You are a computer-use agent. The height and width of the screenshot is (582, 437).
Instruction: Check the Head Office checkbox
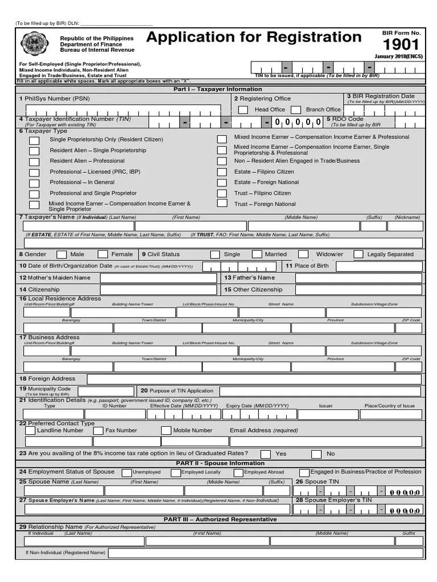[x=243, y=110]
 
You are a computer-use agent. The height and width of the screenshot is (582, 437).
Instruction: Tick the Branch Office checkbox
[x=296, y=110]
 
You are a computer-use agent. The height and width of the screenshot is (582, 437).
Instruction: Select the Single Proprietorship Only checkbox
[x=35, y=140]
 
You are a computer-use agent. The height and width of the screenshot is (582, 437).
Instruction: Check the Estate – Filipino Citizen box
[x=222, y=172]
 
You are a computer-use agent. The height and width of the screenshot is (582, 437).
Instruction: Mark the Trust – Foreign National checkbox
[x=222, y=204]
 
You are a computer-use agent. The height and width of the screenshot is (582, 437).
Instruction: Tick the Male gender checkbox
[x=61, y=255]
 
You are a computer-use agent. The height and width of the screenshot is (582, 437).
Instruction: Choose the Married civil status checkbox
[x=257, y=255]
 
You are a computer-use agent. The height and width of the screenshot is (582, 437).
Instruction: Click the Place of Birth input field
[x=379, y=266]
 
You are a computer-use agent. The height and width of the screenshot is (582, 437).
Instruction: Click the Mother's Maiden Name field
[x=158, y=278]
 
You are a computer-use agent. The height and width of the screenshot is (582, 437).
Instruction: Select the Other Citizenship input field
[x=358, y=290]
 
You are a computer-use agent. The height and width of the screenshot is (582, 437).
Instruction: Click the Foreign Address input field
[x=254, y=379]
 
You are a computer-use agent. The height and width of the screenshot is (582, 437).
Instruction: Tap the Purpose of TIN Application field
[x=321, y=391]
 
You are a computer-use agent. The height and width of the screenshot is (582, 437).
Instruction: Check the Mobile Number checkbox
[x=166, y=431]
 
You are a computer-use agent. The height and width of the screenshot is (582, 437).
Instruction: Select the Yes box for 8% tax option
[x=266, y=454]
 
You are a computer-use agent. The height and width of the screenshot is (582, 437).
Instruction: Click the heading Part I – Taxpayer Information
[x=218, y=89]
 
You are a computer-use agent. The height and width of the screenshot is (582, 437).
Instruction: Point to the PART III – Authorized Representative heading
[x=220, y=519]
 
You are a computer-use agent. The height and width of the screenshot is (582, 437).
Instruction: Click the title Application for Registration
[x=254, y=38]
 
